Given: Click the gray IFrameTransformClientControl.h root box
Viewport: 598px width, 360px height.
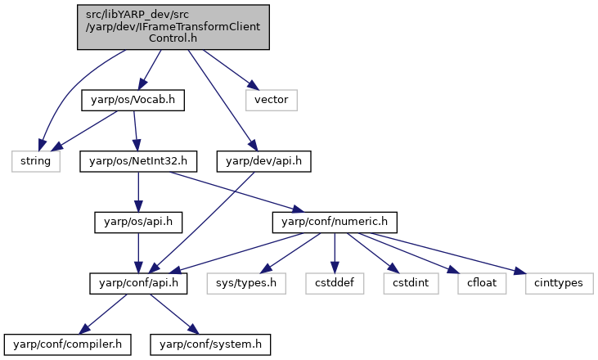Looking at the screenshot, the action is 173,27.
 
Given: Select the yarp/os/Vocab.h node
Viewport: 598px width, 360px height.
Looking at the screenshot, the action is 133,101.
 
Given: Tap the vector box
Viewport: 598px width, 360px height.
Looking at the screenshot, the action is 271,101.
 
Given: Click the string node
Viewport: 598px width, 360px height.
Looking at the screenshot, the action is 36,161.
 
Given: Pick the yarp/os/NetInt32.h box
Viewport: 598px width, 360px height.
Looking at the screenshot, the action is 138,161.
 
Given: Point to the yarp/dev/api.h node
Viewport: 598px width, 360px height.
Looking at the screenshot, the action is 263,161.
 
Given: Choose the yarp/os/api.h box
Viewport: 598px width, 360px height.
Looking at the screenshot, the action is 138,223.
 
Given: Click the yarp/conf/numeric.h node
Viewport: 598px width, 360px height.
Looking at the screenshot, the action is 335,223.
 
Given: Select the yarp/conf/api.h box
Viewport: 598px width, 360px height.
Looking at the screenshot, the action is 138,283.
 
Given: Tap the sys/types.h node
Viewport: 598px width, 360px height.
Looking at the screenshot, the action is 246,283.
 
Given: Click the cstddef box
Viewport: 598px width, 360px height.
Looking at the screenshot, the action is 335,283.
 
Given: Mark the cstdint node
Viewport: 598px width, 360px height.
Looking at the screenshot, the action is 411,283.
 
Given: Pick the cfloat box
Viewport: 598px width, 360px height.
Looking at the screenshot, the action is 482,283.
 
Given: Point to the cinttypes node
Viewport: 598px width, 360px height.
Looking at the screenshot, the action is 559,283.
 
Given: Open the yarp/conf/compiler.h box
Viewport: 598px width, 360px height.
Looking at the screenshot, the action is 68,344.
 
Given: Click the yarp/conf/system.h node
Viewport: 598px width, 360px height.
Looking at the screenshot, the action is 210,344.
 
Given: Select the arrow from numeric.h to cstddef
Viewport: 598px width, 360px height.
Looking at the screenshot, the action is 335,253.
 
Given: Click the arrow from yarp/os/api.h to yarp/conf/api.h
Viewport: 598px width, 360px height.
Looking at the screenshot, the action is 138,253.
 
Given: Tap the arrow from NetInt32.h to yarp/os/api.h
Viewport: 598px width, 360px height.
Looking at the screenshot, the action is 138,191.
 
